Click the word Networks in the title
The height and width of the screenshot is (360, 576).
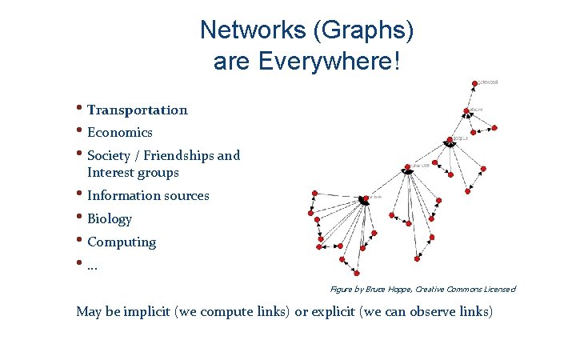click(x=235, y=30)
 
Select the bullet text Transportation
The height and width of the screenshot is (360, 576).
click(x=137, y=110)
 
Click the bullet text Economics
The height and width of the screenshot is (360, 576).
click(x=119, y=132)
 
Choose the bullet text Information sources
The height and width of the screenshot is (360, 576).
click(x=148, y=195)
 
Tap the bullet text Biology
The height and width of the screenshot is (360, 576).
click(x=110, y=218)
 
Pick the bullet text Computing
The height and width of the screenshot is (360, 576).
click(x=122, y=242)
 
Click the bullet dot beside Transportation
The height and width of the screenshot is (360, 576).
click(x=80, y=108)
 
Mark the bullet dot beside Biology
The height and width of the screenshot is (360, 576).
click(x=80, y=217)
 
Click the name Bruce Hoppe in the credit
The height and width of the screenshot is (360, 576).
click(x=391, y=289)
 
